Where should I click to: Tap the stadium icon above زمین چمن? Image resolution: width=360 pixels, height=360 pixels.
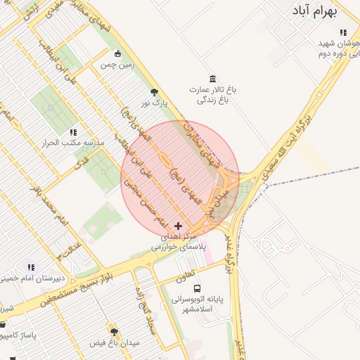(117, 53)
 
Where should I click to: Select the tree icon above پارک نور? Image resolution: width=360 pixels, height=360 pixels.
(154, 91)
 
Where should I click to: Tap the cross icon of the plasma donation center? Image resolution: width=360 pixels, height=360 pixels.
(178, 226)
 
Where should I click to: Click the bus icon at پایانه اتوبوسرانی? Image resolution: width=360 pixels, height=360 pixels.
(198, 288)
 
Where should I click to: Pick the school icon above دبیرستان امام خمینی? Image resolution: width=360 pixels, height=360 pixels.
(31, 267)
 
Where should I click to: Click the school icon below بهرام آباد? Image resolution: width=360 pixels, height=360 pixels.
(343, 32)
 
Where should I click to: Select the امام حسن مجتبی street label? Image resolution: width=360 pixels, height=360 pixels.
(145, 203)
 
